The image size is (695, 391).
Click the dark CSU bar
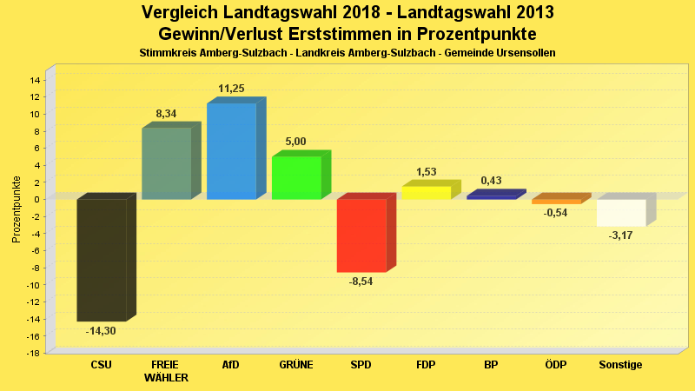102,260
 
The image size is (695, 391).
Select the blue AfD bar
231,151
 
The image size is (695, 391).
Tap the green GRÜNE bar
296,178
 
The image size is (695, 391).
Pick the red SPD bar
361,235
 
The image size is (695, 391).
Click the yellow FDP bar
426,193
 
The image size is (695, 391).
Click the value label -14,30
101,331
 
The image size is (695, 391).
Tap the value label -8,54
361,282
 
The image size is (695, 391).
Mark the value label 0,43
491,181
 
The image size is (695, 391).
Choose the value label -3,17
620,235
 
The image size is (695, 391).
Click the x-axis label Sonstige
620,365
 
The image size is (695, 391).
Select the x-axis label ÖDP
555,365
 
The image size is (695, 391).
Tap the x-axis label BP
491,365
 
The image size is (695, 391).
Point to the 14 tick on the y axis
35,80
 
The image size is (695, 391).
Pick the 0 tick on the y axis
37,199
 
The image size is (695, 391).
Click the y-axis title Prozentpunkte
17,209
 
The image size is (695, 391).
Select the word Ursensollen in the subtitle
525,53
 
